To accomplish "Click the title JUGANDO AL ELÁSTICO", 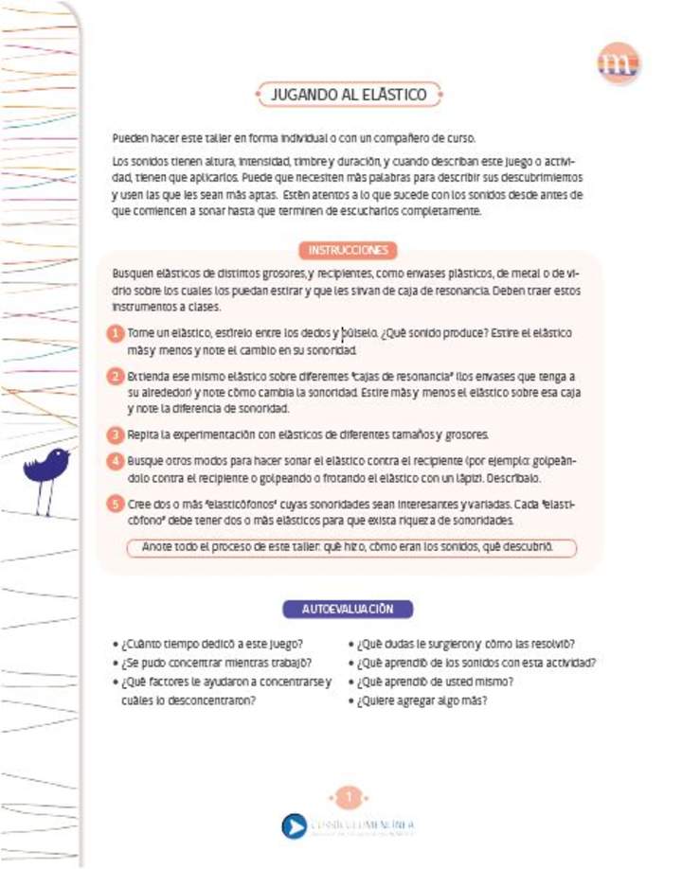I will [x=349, y=95].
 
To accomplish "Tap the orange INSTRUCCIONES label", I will [x=349, y=250].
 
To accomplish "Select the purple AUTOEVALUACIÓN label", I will [x=348, y=609].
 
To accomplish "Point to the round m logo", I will [x=619, y=63].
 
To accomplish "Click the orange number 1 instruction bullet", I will [x=115, y=334].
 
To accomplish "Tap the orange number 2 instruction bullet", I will [x=115, y=376].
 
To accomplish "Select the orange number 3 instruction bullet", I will [x=115, y=434].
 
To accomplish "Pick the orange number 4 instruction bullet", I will [x=115, y=460].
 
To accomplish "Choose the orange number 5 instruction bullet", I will [x=115, y=505].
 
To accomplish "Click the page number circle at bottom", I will [x=348, y=797].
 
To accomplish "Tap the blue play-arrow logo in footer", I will [x=295, y=825].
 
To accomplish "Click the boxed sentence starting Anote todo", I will [x=351, y=548].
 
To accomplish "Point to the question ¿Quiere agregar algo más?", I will [x=422, y=701].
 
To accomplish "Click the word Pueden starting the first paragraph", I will [x=131, y=137].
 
